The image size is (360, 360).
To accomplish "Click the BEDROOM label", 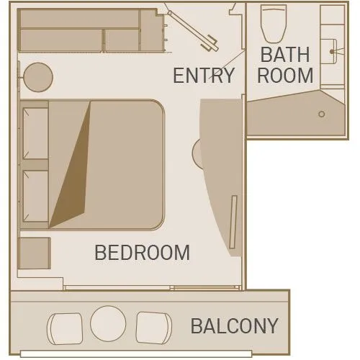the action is (142, 253).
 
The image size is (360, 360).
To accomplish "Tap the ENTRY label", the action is (204, 76).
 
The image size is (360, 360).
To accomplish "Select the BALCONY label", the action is (235, 326).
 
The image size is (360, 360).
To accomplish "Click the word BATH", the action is (285, 55).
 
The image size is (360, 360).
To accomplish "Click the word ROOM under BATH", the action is (285, 75).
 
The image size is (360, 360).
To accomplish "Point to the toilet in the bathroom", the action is (274, 24).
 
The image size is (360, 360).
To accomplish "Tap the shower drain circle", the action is (322, 114).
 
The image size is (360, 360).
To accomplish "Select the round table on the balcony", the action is (108, 323).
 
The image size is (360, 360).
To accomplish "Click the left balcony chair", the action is (65, 328).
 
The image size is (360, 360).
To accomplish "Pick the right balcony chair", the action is (154, 328).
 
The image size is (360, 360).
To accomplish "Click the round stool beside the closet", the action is (38, 77).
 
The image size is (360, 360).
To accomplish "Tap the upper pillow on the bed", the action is (35, 133).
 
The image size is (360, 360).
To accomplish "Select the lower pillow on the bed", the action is (35, 196).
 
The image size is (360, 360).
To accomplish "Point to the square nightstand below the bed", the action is (34, 253).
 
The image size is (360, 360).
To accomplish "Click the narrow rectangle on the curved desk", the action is (233, 222).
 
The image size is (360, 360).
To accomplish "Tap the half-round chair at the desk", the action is (197, 153).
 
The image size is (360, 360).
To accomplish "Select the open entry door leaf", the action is (193, 31).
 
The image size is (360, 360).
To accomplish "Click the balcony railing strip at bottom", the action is (136, 354).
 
